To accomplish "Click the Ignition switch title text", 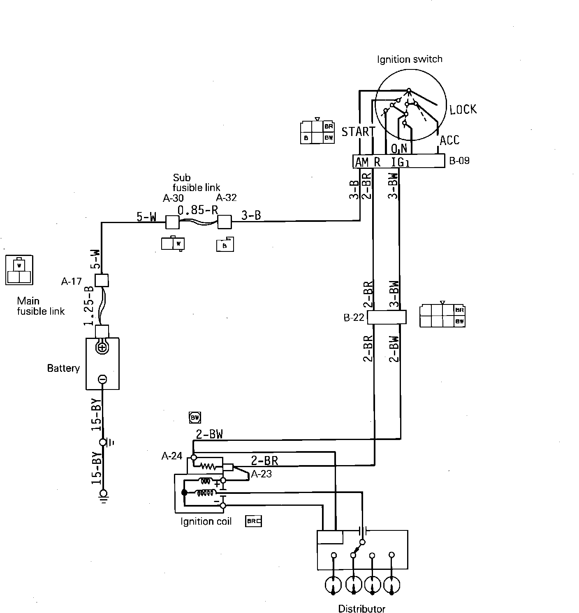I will tap(410, 59).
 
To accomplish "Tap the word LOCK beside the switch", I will tap(463, 110).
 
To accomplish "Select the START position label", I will tap(358, 131).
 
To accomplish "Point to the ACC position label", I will tap(449, 140).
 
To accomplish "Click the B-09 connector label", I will tap(459, 161).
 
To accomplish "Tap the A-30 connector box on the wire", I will tap(172, 222).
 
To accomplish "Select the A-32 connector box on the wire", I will tap(225, 222).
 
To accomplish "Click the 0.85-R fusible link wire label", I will tap(197, 210).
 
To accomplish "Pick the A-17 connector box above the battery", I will tap(102, 280).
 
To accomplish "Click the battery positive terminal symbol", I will tap(102, 348).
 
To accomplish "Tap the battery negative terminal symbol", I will tap(103, 379).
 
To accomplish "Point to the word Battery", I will tap(63, 368).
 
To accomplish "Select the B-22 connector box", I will tap(386, 317).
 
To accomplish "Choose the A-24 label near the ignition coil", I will tap(171, 456).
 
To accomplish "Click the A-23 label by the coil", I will tap(261, 474).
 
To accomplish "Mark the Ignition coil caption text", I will tap(206, 521).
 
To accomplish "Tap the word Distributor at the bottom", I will tap(361, 608).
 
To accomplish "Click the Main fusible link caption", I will tap(40, 306).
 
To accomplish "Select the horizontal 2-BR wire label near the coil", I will tap(264, 461).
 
